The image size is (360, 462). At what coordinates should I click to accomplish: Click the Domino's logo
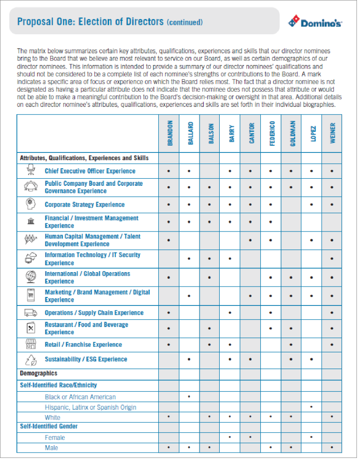(315, 22)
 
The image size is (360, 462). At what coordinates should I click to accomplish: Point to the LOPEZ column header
(313, 134)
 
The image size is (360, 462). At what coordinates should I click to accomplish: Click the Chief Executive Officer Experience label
(90, 171)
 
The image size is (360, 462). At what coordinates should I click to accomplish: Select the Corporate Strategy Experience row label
(84, 204)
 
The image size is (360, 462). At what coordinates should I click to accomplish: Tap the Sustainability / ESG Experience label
(86, 359)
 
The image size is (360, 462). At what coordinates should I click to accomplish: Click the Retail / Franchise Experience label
(83, 345)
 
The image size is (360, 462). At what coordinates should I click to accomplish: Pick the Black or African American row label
(80, 397)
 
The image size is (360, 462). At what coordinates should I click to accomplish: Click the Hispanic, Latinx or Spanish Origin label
(90, 407)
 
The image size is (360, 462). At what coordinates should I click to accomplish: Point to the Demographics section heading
(38, 373)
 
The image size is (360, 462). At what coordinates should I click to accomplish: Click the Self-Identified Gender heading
(49, 426)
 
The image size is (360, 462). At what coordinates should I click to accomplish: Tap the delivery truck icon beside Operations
(30, 312)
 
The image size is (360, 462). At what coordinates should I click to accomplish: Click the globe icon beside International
(30, 276)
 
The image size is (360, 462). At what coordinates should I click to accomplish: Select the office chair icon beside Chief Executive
(30, 170)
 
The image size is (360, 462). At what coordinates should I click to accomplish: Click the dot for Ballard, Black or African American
(189, 396)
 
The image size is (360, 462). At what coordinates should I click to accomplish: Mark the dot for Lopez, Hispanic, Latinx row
(312, 407)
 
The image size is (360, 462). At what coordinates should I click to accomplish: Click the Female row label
(55, 438)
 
